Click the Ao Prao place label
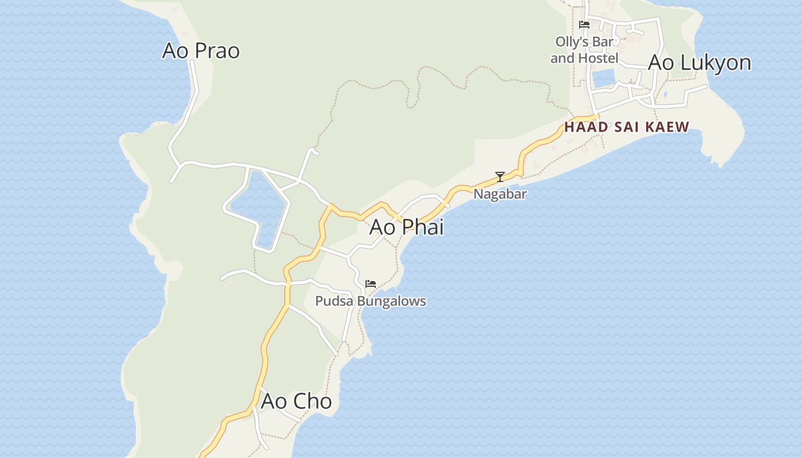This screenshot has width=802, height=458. pos(200,50)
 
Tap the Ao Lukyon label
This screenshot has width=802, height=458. pos(699,62)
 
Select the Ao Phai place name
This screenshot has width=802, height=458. pos(406,227)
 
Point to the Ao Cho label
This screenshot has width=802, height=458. pos(296,401)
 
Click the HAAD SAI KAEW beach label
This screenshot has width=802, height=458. pos(627,127)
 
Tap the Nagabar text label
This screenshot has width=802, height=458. pos(500,194)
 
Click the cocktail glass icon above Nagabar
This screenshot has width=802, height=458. pos(500,177)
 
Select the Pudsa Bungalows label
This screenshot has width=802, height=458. pos(371,301)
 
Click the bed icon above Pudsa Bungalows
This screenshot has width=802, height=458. pos(371,284)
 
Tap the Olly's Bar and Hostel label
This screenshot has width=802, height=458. pos(584,50)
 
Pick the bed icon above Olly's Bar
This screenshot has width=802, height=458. pos(584,25)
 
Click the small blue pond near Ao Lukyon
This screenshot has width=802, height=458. pos(603,78)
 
